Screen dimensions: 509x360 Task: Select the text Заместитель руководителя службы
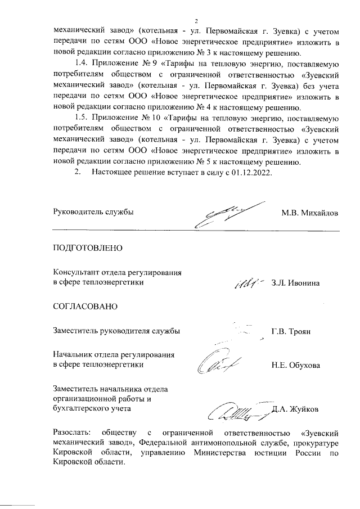click(x=116, y=331)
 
